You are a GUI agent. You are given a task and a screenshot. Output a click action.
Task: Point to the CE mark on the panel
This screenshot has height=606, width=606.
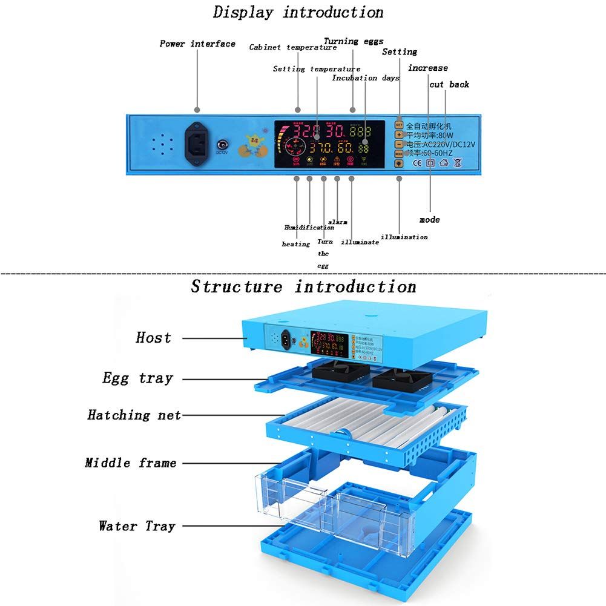click(417, 163)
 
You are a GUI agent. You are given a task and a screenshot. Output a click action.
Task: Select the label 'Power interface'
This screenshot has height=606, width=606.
click(197, 44)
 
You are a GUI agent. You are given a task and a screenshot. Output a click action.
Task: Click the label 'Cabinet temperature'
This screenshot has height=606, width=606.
click(292, 47)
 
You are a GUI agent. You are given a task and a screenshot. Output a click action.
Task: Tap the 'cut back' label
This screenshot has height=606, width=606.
click(449, 85)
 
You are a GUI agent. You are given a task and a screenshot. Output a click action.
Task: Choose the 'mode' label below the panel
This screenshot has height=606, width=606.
click(429, 220)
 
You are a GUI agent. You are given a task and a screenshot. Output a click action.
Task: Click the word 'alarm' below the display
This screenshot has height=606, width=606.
click(337, 222)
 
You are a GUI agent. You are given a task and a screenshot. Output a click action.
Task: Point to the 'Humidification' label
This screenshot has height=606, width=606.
click(309, 228)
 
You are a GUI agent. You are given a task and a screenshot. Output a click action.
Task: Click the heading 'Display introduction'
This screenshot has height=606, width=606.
click(298, 12)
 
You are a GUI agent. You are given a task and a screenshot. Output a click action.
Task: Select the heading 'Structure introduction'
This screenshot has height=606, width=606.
click(303, 286)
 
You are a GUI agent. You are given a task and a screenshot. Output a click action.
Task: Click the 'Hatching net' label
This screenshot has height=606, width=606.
click(134, 415)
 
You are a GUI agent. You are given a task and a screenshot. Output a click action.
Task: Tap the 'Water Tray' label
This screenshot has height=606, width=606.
click(137, 526)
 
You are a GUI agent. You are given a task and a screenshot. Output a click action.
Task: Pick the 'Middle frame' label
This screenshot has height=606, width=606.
click(131, 463)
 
